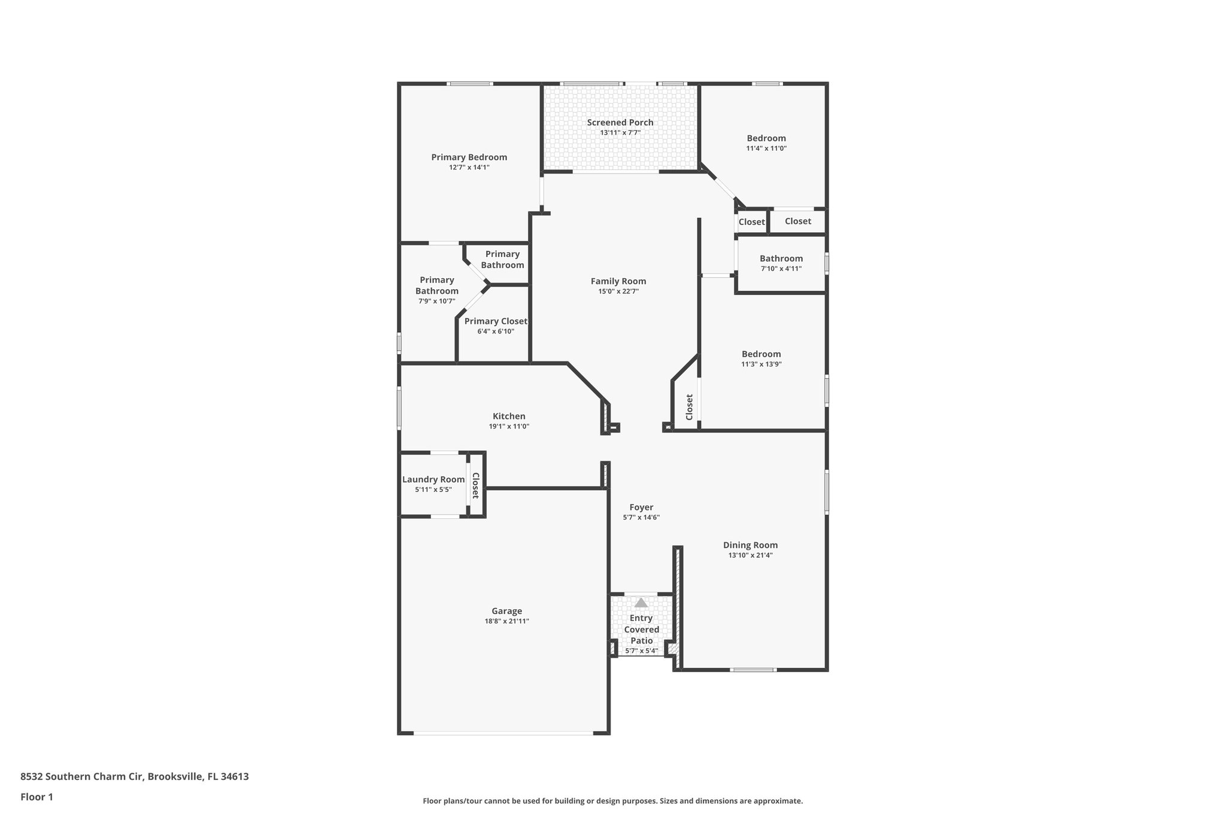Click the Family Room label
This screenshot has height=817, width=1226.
(618, 281)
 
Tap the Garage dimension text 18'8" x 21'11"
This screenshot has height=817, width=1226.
(506, 621)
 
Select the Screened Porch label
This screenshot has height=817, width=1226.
(620, 123)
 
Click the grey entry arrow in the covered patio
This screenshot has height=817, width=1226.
(641, 603)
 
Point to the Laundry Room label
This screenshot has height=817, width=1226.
(433, 479)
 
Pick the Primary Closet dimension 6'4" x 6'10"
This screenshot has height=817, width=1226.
(496, 332)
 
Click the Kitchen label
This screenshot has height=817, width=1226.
(509, 417)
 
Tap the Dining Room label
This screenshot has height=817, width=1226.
(750, 545)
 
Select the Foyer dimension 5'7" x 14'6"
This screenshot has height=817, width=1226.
(641, 518)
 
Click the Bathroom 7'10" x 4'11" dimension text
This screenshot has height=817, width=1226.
(781, 269)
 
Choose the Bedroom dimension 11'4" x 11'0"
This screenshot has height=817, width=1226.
(766, 148)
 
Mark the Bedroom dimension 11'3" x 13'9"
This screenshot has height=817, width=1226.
(761, 364)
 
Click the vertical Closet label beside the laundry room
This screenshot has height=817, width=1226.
(475, 485)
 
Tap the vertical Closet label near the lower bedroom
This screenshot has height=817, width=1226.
(689, 407)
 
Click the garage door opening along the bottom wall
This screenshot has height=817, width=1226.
(503, 733)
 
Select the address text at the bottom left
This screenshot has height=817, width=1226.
(134, 777)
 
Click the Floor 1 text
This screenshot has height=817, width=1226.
(37, 797)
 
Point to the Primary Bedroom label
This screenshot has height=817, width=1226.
(469, 157)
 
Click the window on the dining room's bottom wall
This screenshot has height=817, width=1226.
(753, 670)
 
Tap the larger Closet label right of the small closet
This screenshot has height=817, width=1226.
(797, 221)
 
